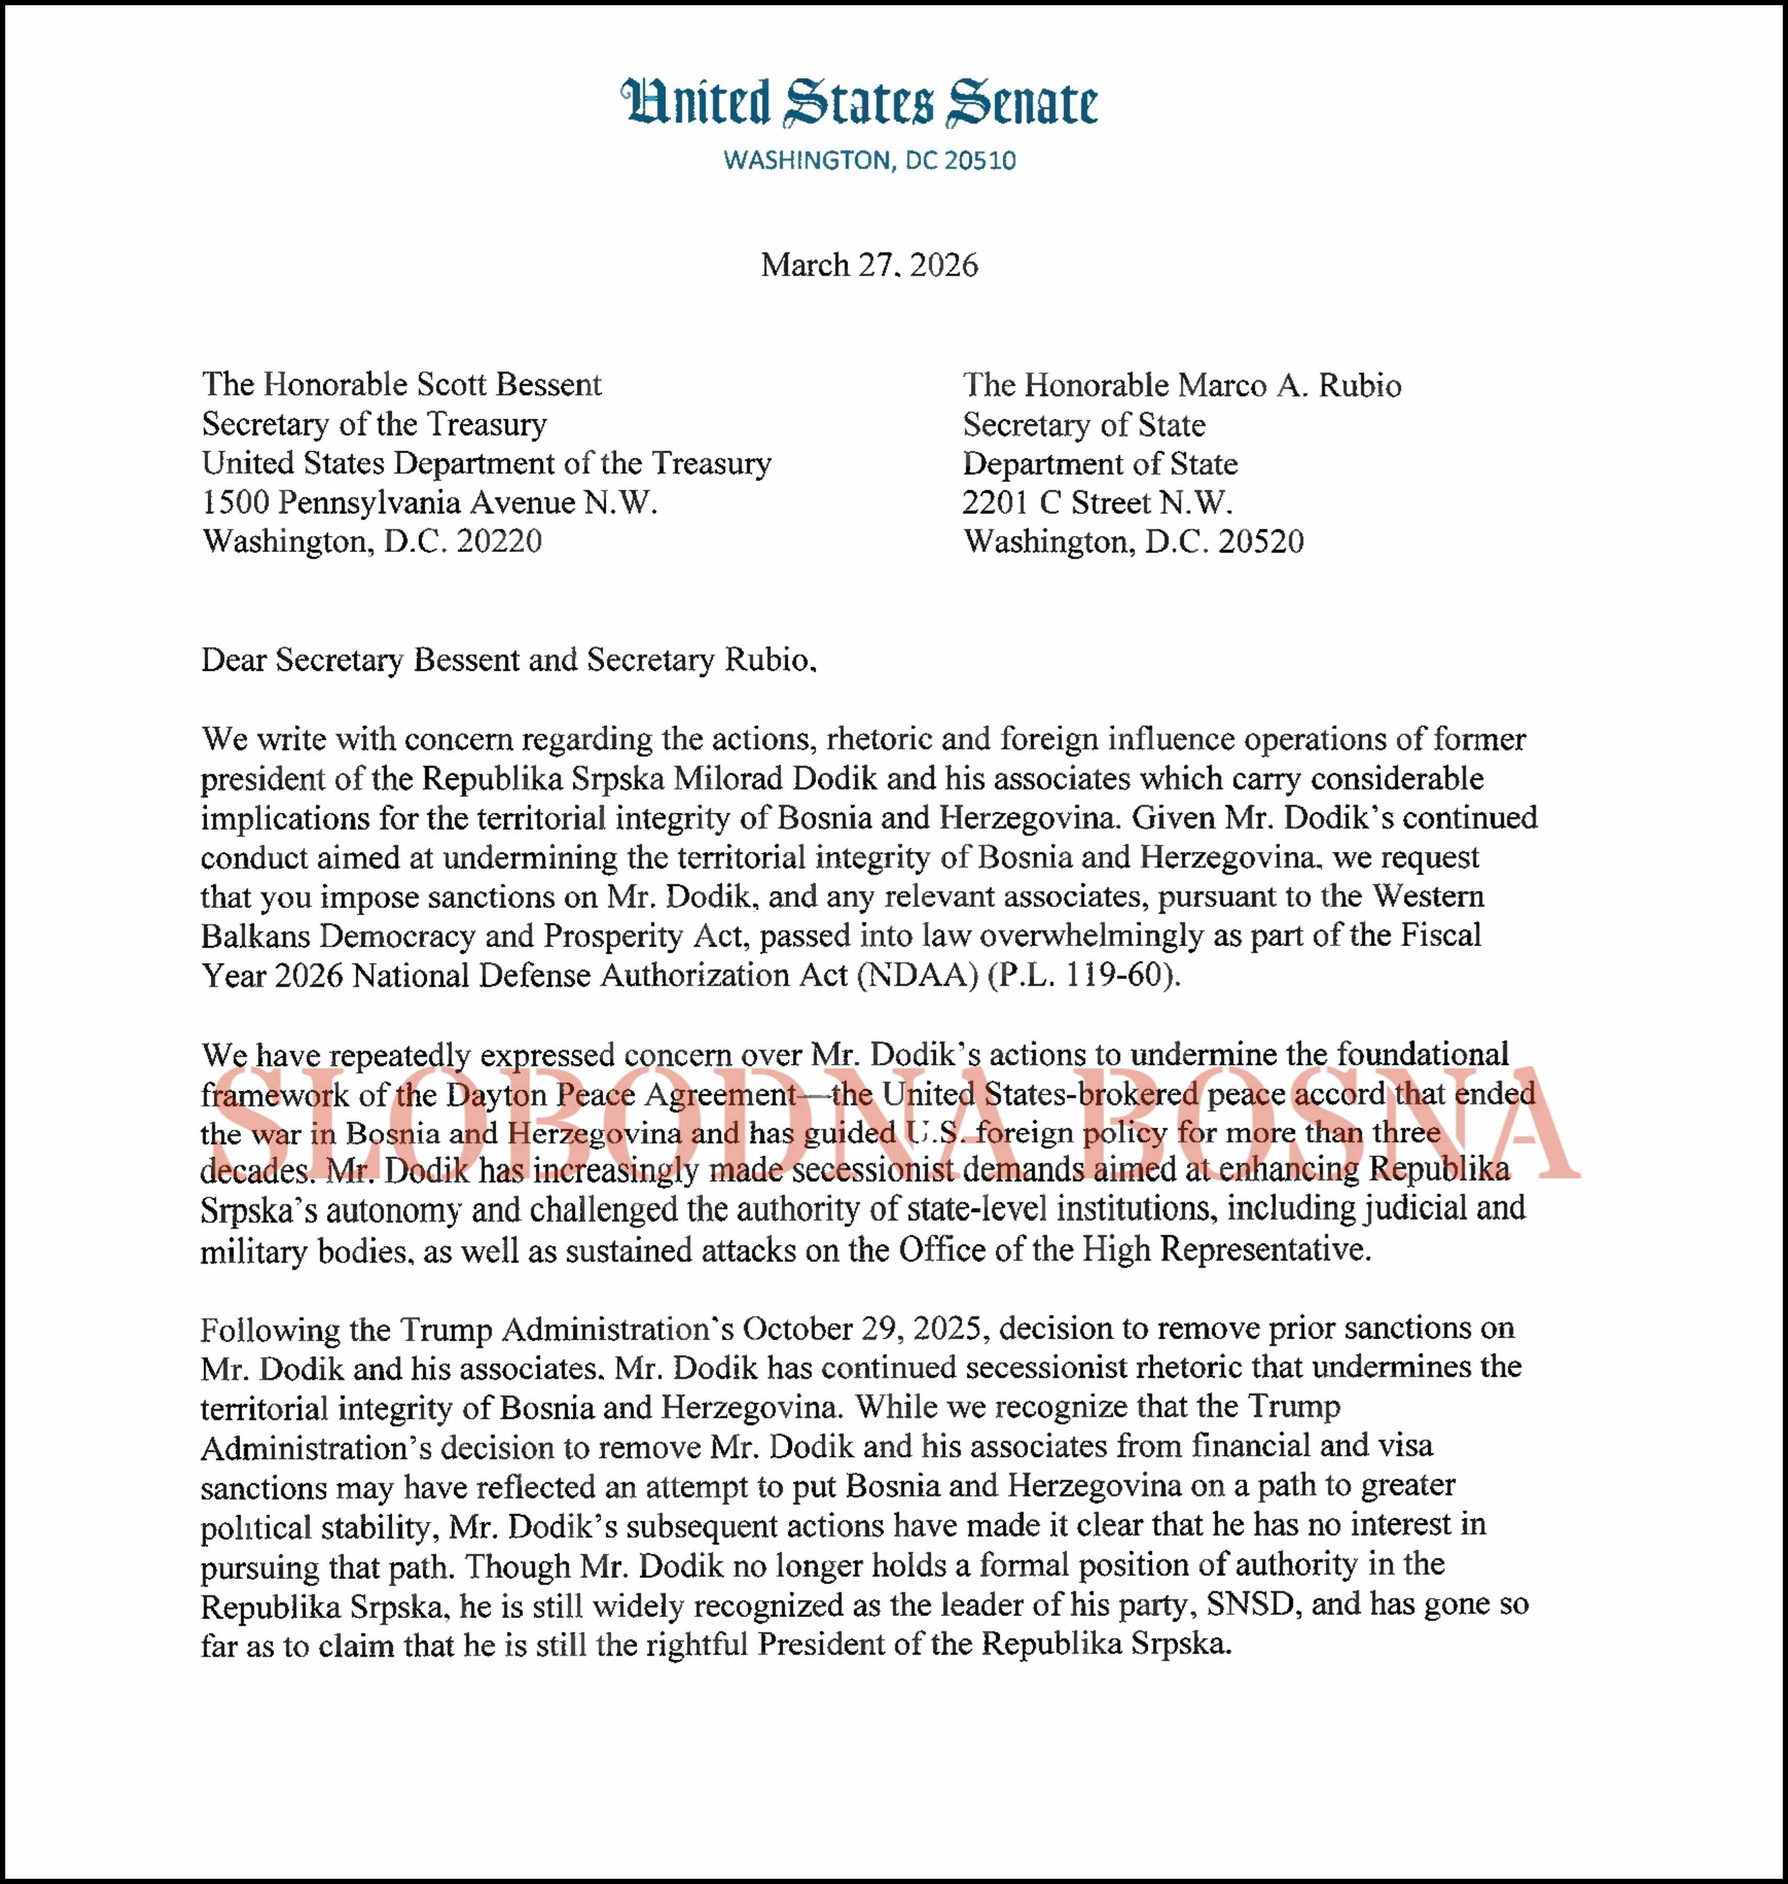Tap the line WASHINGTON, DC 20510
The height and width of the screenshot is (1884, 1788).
[869, 160]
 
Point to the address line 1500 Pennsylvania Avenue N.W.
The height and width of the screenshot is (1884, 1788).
[430, 502]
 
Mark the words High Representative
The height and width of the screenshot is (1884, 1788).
[1227, 1249]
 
